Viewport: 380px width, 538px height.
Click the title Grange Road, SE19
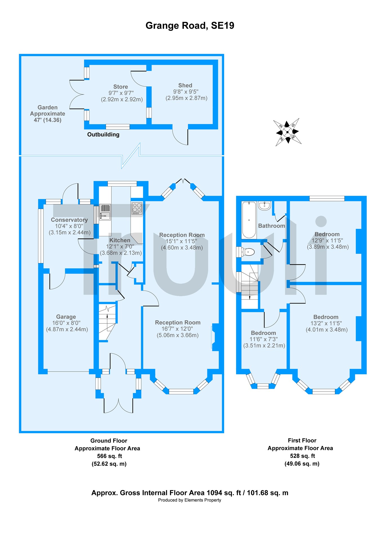[x=190, y=26]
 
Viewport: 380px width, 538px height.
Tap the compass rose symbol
[x=287, y=132]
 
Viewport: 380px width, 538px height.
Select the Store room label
[x=120, y=87]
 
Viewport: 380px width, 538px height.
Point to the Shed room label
[x=185, y=85]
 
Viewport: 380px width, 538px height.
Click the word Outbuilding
[x=103, y=135]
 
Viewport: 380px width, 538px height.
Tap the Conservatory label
[x=69, y=220]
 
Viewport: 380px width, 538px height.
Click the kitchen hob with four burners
[x=137, y=208]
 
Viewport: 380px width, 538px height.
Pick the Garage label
[x=66, y=317]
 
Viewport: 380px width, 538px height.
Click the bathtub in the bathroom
[x=249, y=220]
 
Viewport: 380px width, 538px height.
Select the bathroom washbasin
[x=265, y=206]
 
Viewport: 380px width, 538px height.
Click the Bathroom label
[x=271, y=226]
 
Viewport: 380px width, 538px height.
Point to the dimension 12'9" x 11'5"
[x=327, y=241]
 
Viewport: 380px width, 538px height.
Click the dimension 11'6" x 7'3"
[x=263, y=339]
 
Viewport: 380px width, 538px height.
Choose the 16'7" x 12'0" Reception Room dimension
[x=177, y=329]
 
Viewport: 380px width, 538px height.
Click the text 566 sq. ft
[x=109, y=456]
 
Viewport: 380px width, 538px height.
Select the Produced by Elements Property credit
[x=189, y=500]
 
